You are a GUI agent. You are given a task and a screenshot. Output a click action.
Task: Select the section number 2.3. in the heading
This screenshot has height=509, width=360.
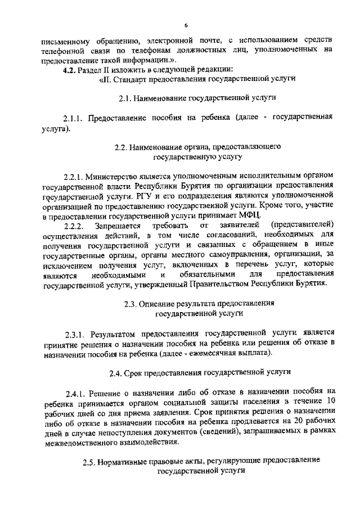pyautogui.click(x=131, y=303)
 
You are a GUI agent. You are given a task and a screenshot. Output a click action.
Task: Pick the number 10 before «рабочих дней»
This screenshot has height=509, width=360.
pyautogui.click(x=331, y=402)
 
